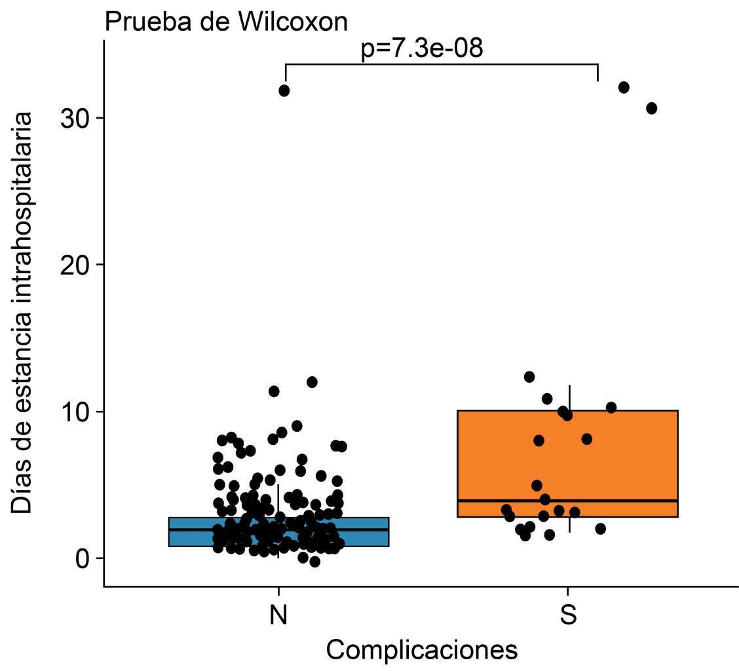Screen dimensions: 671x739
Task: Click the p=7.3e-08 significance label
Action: [x=422, y=49]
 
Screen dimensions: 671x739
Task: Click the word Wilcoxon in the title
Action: [x=293, y=22]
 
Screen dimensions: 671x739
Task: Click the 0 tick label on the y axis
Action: [x=81, y=558]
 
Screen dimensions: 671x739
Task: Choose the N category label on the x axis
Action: [x=278, y=615]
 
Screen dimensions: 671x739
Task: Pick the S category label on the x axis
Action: [x=568, y=615]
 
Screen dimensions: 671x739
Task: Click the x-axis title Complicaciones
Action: [x=422, y=650]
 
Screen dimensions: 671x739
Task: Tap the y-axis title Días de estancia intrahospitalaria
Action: [x=23, y=313]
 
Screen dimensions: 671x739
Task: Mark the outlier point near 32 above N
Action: [x=284, y=90]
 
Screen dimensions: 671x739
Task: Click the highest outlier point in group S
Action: [x=624, y=87]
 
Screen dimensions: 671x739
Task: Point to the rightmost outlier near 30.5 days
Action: [x=651, y=108]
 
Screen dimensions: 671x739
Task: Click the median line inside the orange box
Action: [x=629, y=501]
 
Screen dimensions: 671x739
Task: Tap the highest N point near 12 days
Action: [x=312, y=381]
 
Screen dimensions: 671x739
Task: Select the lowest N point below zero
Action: [x=314, y=562]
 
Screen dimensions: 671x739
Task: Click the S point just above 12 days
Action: [x=529, y=377]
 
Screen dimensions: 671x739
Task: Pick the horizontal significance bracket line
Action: [x=442, y=64]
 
